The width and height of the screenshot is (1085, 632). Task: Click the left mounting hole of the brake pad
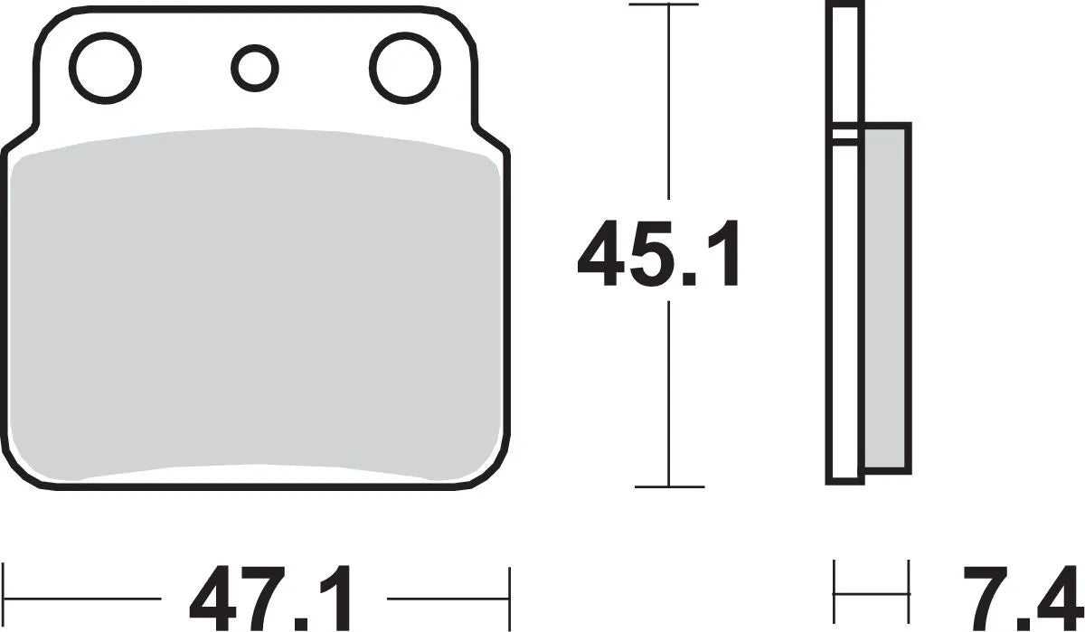click(x=108, y=66)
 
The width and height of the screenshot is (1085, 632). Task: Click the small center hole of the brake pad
click(x=254, y=66)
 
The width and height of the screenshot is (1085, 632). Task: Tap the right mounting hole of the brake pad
click(x=404, y=66)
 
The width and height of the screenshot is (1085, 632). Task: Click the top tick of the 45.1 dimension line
click(x=667, y=6)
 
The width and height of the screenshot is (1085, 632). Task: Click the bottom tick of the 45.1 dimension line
click(x=667, y=486)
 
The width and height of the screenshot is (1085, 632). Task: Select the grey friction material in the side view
click(x=886, y=298)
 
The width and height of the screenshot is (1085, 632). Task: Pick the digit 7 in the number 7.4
click(x=984, y=599)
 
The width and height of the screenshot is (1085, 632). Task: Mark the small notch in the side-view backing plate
click(x=846, y=135)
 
